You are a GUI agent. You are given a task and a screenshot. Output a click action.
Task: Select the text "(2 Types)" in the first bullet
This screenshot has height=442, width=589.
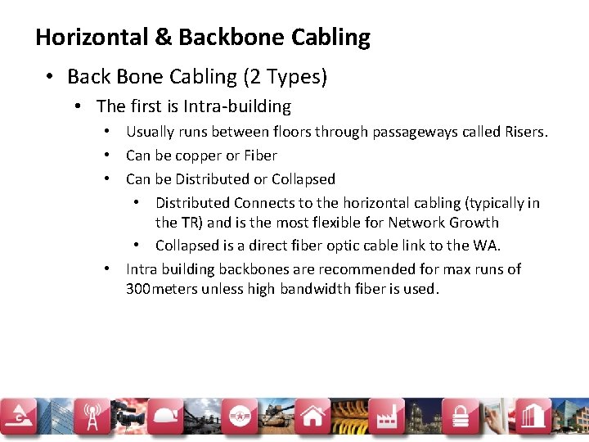point(284,77)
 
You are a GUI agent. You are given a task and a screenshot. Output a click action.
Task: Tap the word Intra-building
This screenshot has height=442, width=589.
point(237,106)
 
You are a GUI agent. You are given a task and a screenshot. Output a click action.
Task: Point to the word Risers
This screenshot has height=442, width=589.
point(523,132)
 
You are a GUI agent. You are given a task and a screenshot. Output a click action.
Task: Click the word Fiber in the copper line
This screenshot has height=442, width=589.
point(260,156)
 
